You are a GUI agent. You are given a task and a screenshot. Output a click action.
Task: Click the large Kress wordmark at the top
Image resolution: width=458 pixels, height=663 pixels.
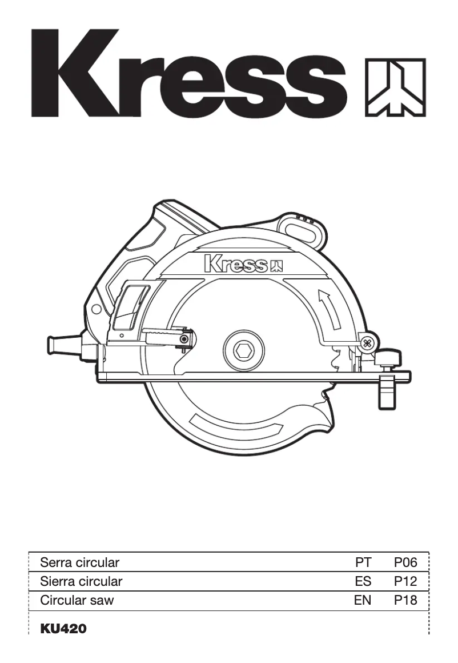point(188,73)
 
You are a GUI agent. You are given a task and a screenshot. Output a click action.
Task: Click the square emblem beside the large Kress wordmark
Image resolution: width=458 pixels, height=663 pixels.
point(395,87)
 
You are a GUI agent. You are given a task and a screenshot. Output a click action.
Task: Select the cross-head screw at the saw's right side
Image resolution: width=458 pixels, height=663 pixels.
point(367,344)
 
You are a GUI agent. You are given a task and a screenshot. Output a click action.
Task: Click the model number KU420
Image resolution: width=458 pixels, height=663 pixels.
point(63,629)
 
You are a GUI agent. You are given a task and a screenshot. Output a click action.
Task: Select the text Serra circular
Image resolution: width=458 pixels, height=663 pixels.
point(80,562)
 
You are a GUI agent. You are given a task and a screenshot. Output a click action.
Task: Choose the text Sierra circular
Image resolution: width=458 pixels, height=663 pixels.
point(81,582)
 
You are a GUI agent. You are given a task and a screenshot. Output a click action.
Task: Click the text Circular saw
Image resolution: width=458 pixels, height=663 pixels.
point(77,601)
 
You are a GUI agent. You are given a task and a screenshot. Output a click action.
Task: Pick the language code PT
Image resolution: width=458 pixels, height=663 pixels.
point(363,562)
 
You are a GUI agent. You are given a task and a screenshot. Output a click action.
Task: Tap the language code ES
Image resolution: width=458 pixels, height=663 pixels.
point(363,582)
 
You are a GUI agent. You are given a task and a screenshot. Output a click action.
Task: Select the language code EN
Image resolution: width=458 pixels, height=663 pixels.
point(363,601)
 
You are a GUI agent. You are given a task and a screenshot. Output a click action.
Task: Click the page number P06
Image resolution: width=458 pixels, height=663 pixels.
point(405,562)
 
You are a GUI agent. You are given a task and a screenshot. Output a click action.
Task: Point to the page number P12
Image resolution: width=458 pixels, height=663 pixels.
point(405,582)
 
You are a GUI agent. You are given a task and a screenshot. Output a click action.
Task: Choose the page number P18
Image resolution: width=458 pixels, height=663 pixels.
point(405,601)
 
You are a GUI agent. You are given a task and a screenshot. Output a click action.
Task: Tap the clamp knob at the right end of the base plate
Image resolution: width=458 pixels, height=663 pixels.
point(388,359)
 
